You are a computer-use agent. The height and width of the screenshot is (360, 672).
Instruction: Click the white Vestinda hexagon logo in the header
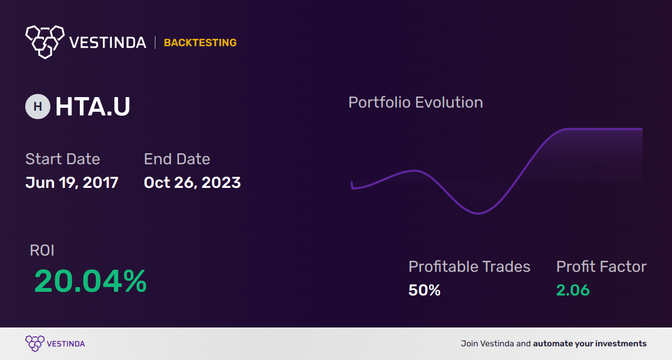45,42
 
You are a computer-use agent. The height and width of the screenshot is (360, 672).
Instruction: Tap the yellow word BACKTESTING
200,43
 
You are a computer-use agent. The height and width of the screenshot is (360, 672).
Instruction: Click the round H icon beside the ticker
38,107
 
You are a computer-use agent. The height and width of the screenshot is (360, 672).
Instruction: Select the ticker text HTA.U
93,107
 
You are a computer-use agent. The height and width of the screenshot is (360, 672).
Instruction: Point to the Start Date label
62,159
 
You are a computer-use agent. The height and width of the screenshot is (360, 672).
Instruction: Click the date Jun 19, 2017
72,183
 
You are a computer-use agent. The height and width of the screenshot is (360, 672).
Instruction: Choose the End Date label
177,159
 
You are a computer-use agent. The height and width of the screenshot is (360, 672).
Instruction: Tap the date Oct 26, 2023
192,183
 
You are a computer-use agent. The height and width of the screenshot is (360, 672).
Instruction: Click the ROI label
42,250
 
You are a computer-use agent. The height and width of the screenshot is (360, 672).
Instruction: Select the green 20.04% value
90,281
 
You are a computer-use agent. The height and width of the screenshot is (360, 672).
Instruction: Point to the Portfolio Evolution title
416,103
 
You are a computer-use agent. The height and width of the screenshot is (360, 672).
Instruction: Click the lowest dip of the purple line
478,213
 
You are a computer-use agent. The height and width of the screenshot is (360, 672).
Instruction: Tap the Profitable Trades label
469,267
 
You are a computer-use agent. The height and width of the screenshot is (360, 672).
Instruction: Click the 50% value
424,290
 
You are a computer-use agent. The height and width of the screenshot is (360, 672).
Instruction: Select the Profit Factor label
601,267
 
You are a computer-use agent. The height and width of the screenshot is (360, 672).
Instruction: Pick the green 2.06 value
573,290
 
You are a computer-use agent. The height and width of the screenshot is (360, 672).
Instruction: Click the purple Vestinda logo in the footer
55,344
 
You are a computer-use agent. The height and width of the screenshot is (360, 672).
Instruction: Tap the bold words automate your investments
590,344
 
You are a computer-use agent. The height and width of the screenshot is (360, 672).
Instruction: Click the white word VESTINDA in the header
108,43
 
